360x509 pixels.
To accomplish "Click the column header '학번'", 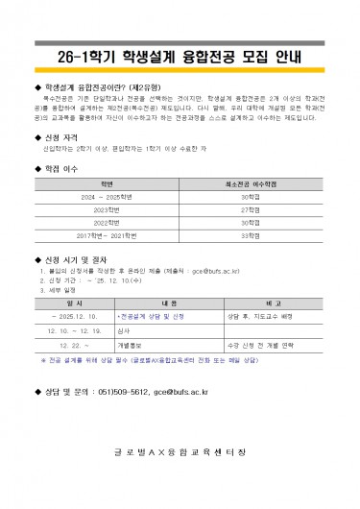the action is [107, 182].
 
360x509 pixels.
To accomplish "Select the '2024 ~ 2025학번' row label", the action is [107, 195].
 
